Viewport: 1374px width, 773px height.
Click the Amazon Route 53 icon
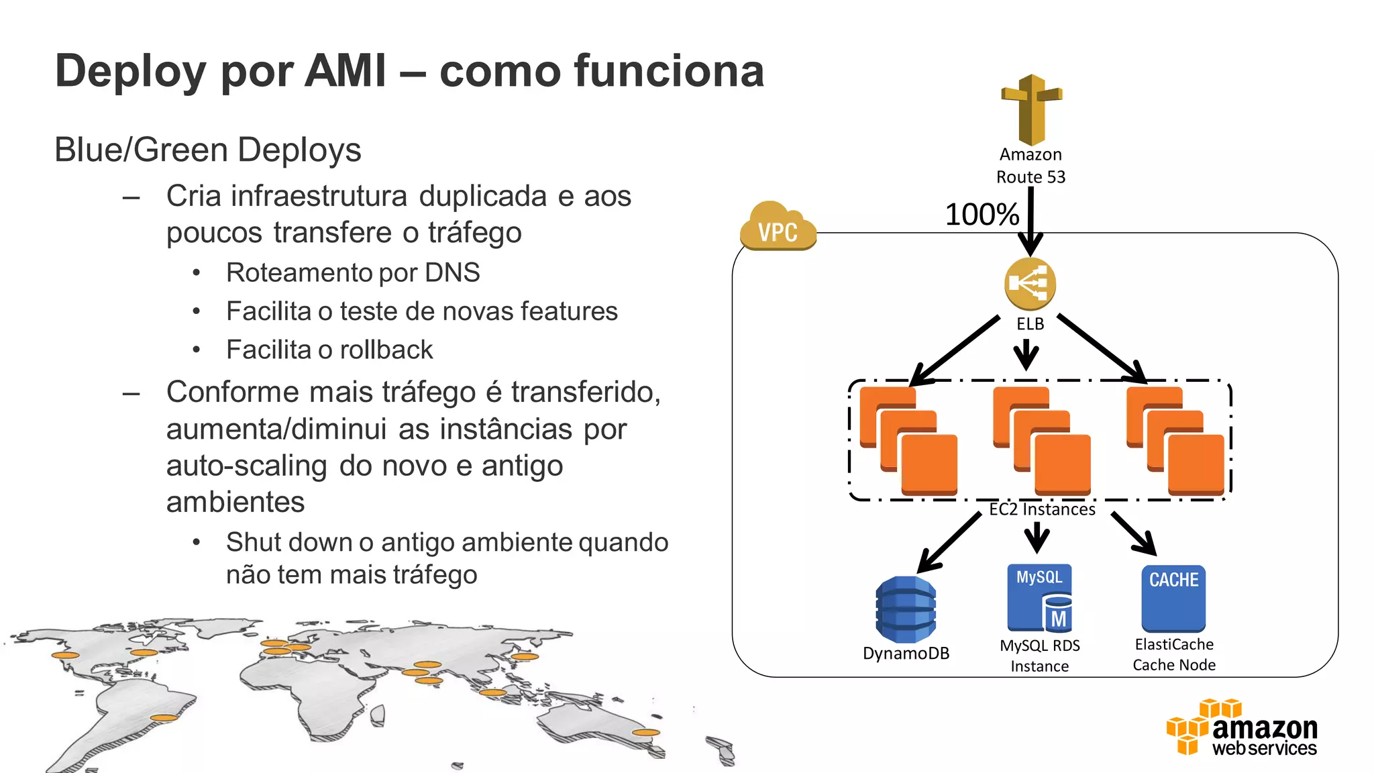click(1031, 110)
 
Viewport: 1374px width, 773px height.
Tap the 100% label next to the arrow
click(982, 215)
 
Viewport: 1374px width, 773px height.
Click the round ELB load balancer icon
click(1030, 283)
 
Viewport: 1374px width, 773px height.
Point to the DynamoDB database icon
click(906, 609)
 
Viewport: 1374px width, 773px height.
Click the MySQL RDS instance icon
click(1039, 598)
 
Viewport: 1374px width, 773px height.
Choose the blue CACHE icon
click(1173, 598)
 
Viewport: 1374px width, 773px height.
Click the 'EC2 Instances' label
click(1041, 510)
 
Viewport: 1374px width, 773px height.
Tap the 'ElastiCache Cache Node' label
click(1174, 654)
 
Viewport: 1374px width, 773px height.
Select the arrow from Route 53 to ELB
click(1030, 221)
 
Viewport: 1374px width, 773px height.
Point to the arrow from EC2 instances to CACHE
click(1134, 534)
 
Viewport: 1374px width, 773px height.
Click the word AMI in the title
click(345, 71)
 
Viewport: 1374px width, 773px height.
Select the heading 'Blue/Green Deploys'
click(207, 150)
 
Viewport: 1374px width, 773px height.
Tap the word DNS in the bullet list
click(452, 273)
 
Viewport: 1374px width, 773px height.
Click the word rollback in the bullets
click(386, 350)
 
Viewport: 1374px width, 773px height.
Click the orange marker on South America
click(164, 718)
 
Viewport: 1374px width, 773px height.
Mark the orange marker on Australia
click(645, 733)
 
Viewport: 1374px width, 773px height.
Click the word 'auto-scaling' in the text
click(246, 466)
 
